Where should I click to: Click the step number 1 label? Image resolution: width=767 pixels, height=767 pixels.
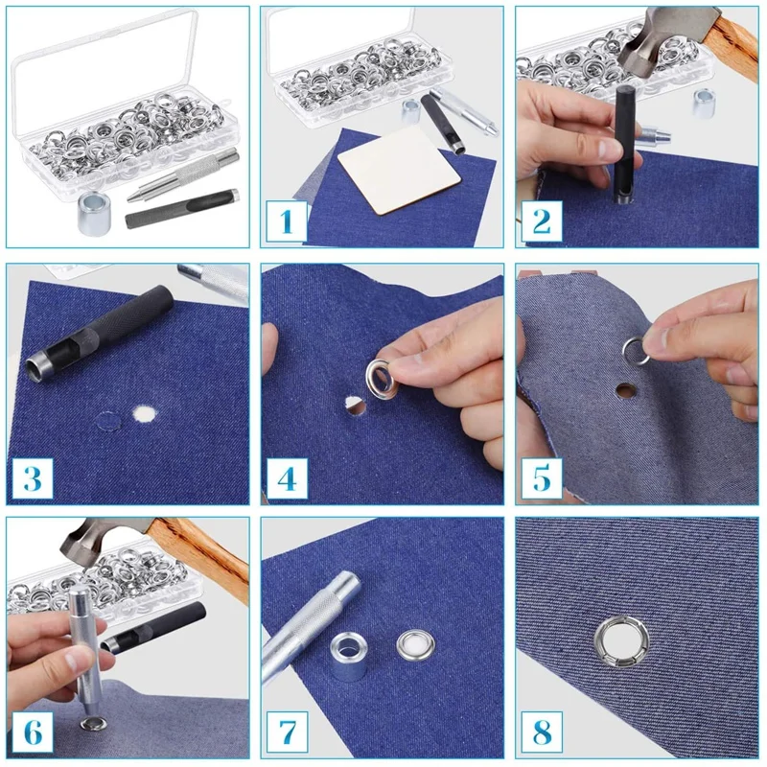pyautogui.click(x=287, y=221)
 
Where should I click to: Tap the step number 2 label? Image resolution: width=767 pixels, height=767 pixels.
pyautogui.click(x=542, y=221)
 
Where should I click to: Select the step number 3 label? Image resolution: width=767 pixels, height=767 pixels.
pyautogui.click(x=33, y=477)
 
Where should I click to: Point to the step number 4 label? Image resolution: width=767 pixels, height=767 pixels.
pyautogui.click(x=287, y=477)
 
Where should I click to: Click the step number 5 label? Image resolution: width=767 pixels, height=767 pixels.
pyautogui.click(x=542, y=477)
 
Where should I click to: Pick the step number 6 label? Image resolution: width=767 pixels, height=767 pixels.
pyautogui.click(x=33, y=732)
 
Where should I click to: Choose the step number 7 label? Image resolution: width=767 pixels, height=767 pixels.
pyautogui.click(x=287, y=732)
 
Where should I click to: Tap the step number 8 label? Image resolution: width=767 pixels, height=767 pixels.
pyautogui.click(x=542, y=732)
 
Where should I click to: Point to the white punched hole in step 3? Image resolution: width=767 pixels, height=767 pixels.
pyautogui.click(x=145, y=413)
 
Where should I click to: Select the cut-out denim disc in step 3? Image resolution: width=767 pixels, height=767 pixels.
pyautogui.click(x=108, y=421)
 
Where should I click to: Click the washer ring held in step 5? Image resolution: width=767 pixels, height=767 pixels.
pyautogui.click(x=636, y=352)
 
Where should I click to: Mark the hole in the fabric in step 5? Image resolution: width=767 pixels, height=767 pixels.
pyautogui.click(x=626, y=390)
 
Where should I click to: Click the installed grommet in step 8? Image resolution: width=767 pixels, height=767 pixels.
pyautogui.click(x=621, y=641)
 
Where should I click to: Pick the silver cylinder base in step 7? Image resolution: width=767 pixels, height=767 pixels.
pyautogui.click(x=348, y=656)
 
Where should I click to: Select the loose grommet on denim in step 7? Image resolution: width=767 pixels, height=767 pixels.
pyautogui.click(x=415, y=644)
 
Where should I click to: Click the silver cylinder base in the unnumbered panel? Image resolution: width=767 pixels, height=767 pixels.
pyautogui.click(x=94, y=213)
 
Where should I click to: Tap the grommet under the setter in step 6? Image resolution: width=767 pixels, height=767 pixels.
pyautogui.click(x=93, y=724)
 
